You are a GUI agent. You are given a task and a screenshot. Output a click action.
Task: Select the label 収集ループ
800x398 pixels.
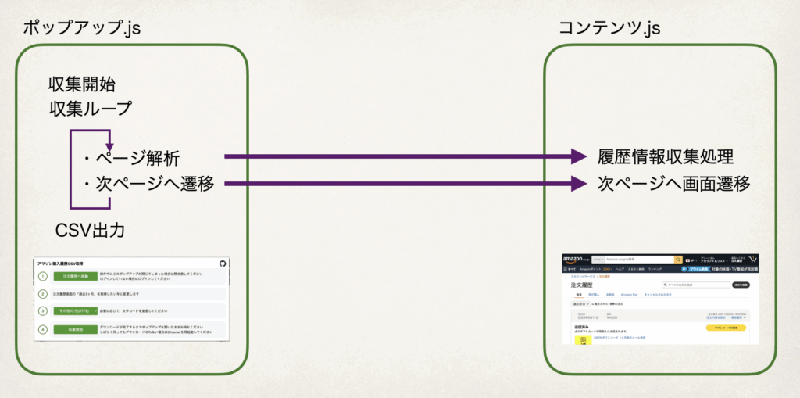90,108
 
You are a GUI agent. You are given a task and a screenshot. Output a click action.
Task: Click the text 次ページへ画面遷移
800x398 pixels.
674,185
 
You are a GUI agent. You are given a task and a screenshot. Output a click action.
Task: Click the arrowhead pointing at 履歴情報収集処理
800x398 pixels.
578,157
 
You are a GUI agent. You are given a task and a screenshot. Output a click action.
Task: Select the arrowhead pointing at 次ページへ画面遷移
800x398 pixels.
578,185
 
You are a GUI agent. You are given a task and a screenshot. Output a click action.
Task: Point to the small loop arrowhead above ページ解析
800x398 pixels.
109,146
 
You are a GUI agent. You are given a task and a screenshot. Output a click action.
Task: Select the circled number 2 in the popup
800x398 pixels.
43,294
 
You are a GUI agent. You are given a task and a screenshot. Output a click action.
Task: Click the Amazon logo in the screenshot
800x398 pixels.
576,259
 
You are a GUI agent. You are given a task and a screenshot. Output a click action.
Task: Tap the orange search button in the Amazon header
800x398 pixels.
678,259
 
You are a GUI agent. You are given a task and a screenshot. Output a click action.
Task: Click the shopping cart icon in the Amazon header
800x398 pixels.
752,259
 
